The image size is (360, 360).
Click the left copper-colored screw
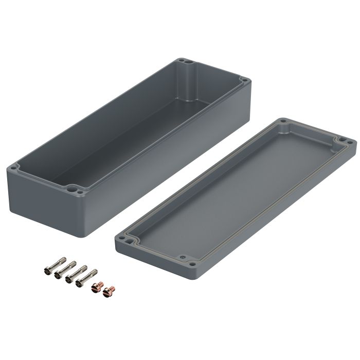[x=95, y=289]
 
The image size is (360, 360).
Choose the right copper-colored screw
[x=107, y=292]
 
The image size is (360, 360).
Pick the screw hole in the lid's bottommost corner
[x=191, y=265]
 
